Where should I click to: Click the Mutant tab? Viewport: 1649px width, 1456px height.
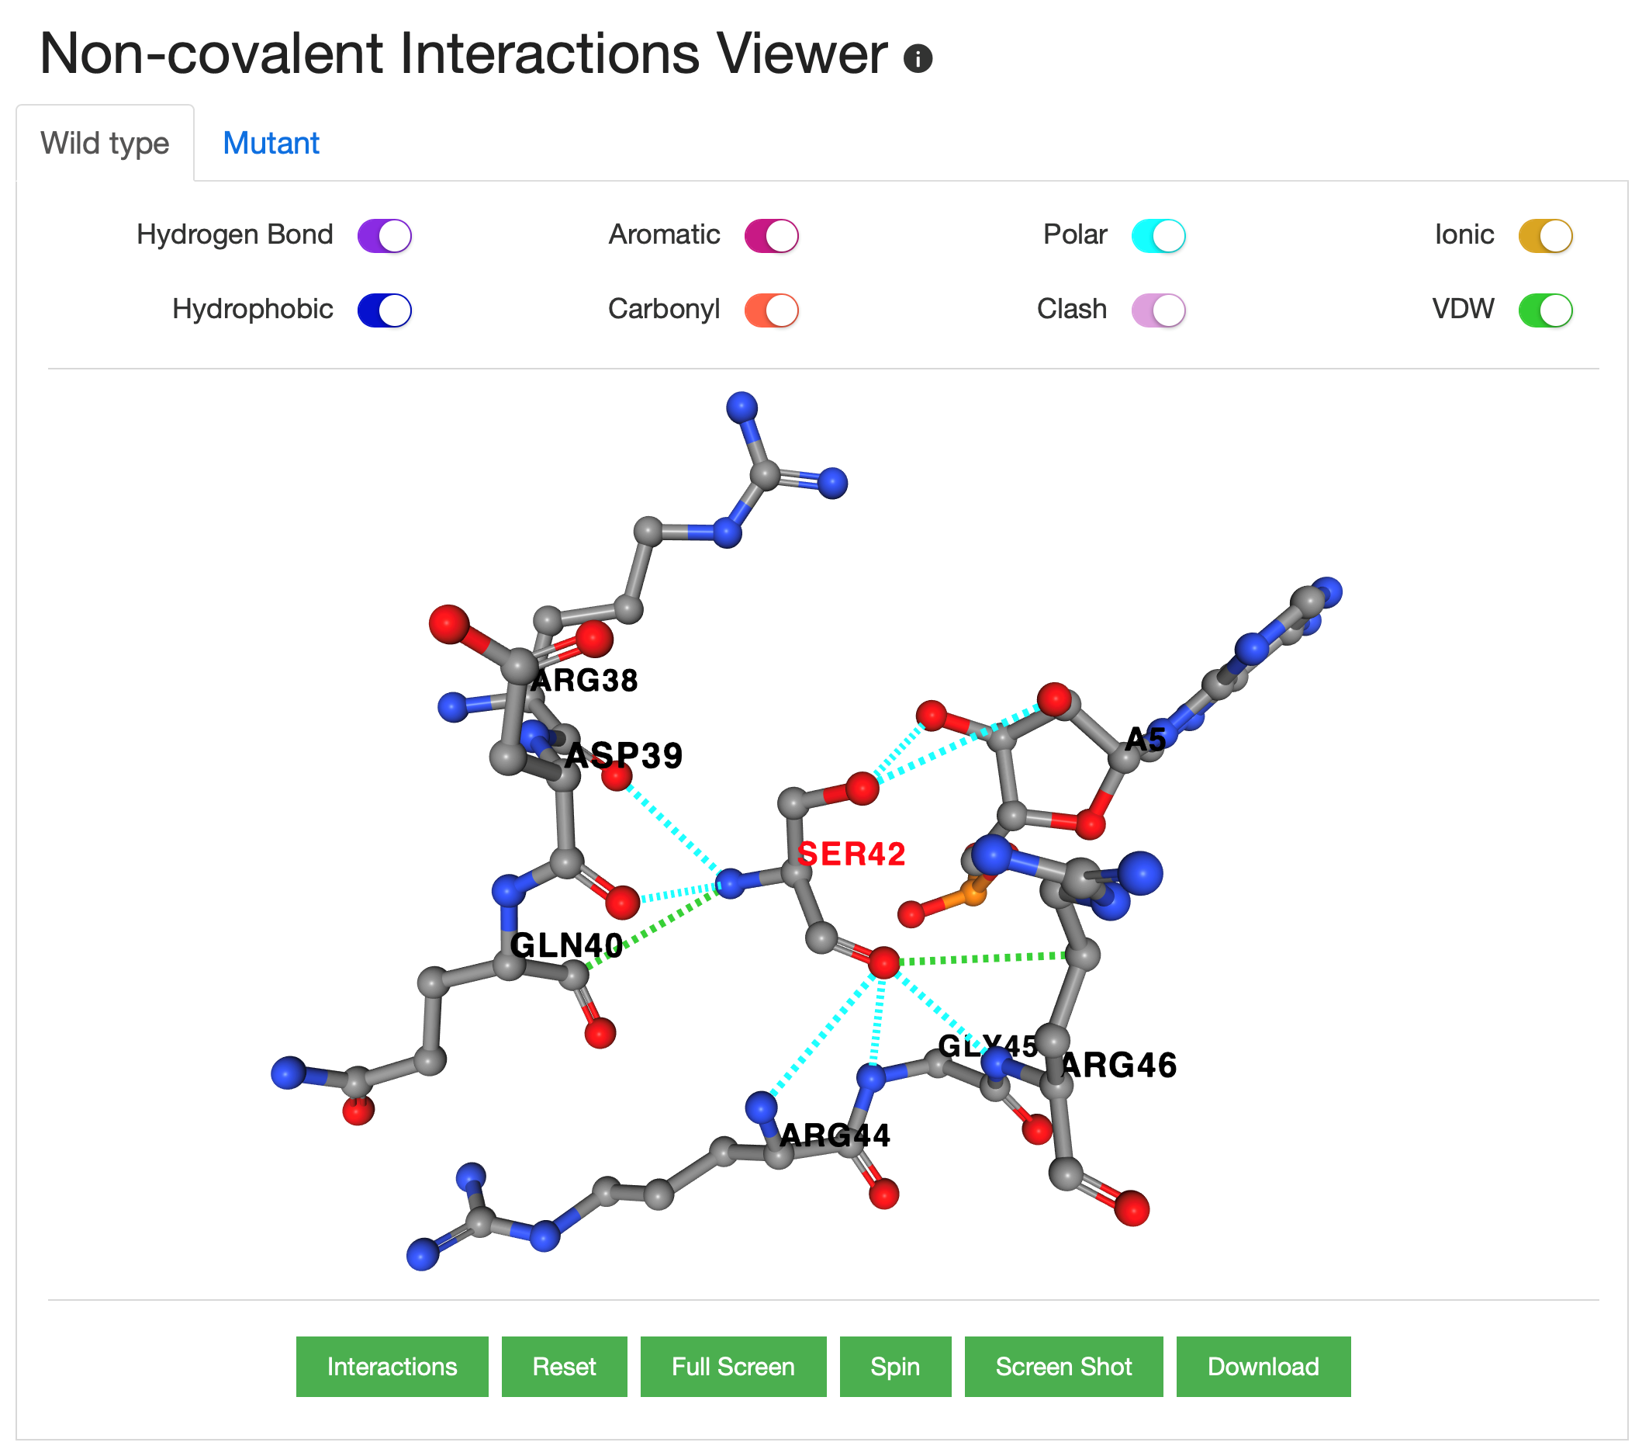(270, 144)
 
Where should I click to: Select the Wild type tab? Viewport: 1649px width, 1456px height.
(105, 144)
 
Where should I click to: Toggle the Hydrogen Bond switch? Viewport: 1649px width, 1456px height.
(385, 236)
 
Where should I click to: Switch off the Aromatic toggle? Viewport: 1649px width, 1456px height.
(771, 236)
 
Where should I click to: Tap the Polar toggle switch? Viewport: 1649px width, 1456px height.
(1158, 236)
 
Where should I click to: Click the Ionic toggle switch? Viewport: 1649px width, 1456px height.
(1545, 236)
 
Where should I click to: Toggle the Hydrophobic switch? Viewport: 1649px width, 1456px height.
(385, 310)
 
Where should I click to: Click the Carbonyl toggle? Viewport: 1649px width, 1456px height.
(771, 310)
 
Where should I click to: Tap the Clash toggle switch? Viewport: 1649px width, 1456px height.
(1158, 310)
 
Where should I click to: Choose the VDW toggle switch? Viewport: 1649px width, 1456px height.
(1545, 310)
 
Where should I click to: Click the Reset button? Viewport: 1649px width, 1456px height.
(564, 1367)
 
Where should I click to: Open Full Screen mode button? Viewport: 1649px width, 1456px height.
(732, 1367)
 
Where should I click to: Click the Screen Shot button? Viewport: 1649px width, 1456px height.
(1063, 1367)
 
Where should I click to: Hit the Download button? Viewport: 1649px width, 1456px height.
(1263, 1367)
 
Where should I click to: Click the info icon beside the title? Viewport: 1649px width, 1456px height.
(918, 58)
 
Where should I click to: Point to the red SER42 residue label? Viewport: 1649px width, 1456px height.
(851, 854)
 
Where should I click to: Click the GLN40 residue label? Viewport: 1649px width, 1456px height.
(566, 945)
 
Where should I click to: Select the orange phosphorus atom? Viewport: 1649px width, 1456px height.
(973, 893)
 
